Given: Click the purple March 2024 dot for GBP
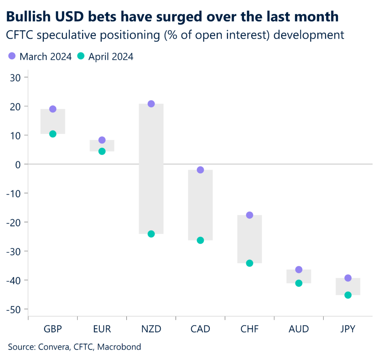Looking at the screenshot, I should (x=53, y=109).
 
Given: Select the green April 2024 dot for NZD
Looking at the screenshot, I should (x=151, y=234).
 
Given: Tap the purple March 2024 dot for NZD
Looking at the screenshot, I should (x=151, y=104).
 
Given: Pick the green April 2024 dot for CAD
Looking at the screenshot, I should (x=200, y=240).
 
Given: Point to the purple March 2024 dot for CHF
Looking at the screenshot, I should (x=249, y=215).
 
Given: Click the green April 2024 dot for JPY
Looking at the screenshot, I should (x=348, y=295).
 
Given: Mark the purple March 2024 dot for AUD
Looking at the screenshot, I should (x=298, y=270).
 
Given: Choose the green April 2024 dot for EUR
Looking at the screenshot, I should (x=102, y=151).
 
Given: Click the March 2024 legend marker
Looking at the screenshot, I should (x=12, y=57).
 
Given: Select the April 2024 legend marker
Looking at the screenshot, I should (x=81, y=57).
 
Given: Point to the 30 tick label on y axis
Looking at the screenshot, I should (x=17, y=77).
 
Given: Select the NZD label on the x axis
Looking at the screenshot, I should (x=151, y=329).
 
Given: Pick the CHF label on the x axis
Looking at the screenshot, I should (x=249, y=329).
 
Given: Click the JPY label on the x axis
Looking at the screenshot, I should (x=348, y=329).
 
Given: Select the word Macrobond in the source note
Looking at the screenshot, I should (x=119, y=347).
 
